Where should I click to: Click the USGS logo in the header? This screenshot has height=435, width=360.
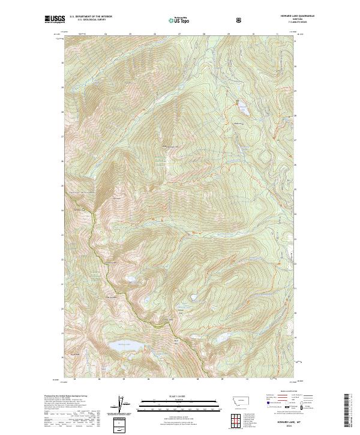tap(55, 20)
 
